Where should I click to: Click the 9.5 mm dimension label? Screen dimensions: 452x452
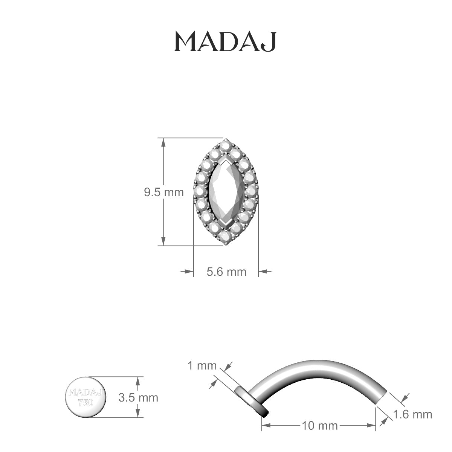pos(163,192)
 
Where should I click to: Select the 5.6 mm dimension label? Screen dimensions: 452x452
pos(226,271)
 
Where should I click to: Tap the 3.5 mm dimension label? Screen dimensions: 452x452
pos(138,397)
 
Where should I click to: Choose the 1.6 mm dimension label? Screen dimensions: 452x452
pos(412,415)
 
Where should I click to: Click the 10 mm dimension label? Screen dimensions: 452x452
pos(319,426)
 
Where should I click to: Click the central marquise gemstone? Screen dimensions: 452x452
pos(226,192)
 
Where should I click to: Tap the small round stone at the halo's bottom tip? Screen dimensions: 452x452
pos(226,240)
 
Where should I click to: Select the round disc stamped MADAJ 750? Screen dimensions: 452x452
pos(86,397)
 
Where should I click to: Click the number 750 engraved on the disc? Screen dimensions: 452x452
pos(86,402)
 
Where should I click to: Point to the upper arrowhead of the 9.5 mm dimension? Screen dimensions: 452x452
pos(163,142)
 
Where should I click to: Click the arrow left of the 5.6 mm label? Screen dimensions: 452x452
pos(187,271)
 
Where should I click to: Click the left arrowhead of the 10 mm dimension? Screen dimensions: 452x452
pos(266,426)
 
